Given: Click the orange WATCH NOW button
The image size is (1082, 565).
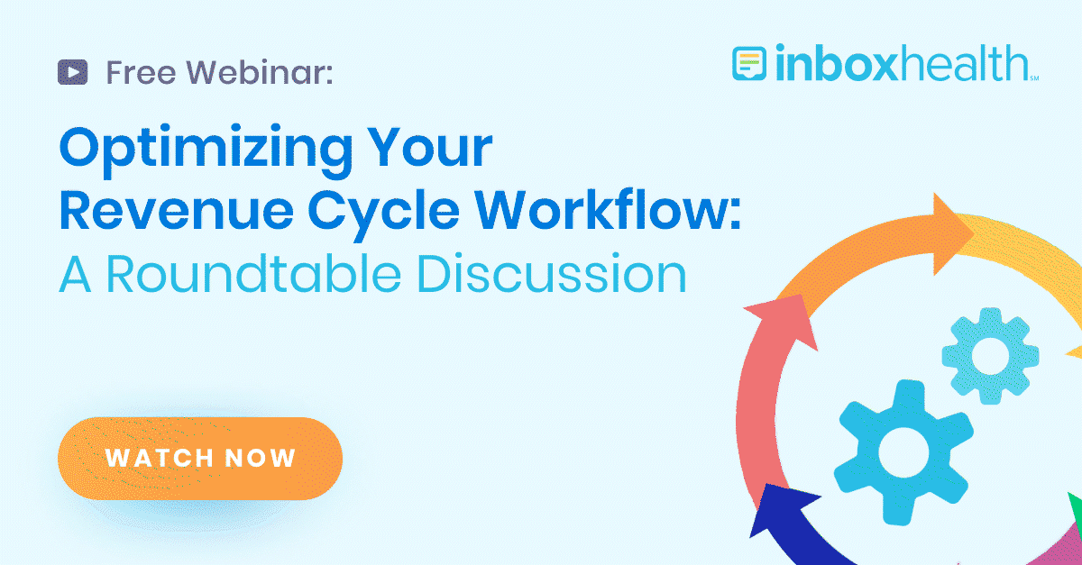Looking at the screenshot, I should pos(200,458).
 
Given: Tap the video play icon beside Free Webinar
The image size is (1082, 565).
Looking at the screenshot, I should pos(72,71).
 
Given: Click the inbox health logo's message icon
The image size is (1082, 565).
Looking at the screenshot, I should pos(749,65).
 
